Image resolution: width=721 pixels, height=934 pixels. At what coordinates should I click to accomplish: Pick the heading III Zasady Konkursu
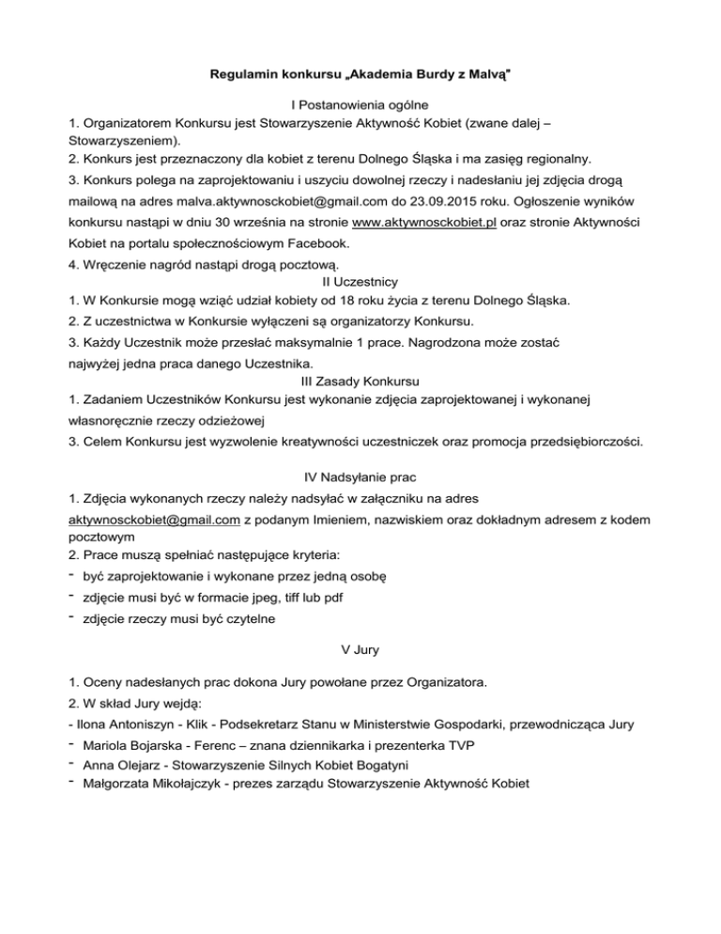[360, 381]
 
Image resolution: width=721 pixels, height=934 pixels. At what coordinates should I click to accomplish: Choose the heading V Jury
[360, 648]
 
